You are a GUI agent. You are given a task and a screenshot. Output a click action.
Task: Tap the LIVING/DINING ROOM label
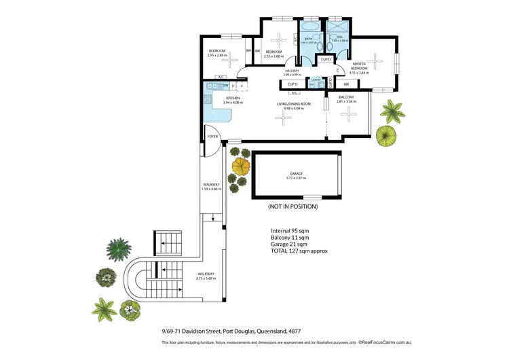click(293, 103)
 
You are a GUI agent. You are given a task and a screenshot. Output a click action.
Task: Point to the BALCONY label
click(346, 97)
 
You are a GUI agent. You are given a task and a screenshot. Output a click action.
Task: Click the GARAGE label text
click(296, 173)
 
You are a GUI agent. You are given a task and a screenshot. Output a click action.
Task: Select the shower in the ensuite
click(336, 30)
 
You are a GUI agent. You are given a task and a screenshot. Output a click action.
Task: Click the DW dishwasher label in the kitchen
click(225, 86)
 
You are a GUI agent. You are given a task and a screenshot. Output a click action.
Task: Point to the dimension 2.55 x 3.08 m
click(274, 55)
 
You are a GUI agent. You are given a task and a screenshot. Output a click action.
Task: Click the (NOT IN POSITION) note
click(293, 206)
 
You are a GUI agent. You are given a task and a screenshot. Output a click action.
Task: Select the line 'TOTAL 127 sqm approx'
click(299, 251)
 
